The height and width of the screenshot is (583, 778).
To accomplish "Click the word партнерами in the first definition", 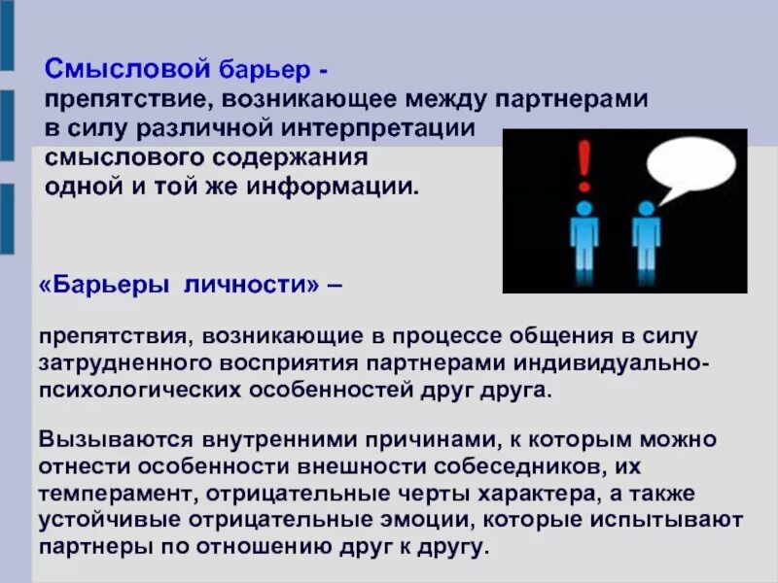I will [575, 100].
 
